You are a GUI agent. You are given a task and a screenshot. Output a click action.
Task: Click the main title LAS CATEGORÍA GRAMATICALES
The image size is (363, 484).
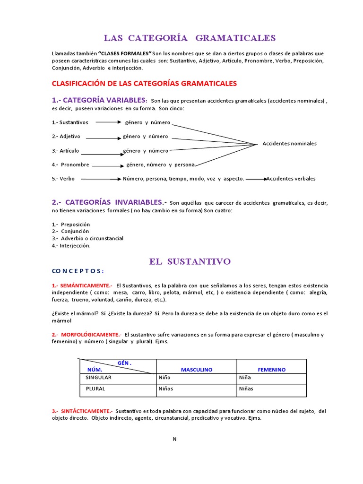tap(190, 38)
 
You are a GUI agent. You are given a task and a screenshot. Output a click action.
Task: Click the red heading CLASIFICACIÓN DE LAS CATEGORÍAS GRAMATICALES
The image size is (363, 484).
tap(144, 83)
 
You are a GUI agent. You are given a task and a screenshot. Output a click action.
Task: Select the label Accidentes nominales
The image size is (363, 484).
tap(289, 144)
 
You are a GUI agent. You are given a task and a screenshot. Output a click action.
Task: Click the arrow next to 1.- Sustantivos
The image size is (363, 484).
tap(109, 122)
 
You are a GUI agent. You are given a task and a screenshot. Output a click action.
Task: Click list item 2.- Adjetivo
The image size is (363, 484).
tap(66, 137)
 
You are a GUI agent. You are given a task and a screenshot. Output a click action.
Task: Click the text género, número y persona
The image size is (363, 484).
tap(160, 165)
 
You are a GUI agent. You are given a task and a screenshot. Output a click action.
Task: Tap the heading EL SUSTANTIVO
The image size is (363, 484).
tap(190, 261)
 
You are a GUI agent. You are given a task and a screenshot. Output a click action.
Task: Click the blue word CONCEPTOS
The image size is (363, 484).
tap(78, 271)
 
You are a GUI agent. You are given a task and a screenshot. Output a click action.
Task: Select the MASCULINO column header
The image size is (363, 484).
tap(197, 370)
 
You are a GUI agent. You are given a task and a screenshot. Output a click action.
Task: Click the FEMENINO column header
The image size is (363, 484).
tap(271, 370)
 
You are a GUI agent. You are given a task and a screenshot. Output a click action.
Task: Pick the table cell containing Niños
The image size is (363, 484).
tap(166, 389)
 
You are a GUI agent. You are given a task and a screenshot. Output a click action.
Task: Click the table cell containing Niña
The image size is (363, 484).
tap(246, 378)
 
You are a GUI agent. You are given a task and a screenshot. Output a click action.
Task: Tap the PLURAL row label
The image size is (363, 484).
tap(95, 389)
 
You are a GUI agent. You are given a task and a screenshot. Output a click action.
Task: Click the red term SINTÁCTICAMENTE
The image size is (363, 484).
tap(82, 411)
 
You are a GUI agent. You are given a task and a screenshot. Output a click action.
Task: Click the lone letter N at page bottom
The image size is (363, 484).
tap(174, 439)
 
